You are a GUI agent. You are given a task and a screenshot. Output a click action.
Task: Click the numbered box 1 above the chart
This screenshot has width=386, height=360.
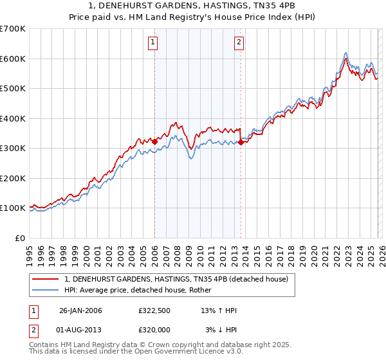pos(153,43)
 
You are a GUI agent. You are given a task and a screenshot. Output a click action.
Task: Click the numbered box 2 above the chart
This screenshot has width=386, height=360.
pos(239,43)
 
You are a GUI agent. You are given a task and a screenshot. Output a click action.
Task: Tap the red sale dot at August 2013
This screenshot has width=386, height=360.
pos(241,143)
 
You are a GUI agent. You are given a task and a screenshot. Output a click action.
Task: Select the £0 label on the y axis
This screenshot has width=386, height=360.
pos(20,238)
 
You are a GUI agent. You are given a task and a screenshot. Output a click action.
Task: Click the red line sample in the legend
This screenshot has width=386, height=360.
pos(46,279)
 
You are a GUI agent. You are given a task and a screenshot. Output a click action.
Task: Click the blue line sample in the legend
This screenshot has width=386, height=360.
pos(46,291)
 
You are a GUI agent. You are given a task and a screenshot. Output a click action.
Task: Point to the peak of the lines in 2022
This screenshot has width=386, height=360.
pos(345,53)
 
